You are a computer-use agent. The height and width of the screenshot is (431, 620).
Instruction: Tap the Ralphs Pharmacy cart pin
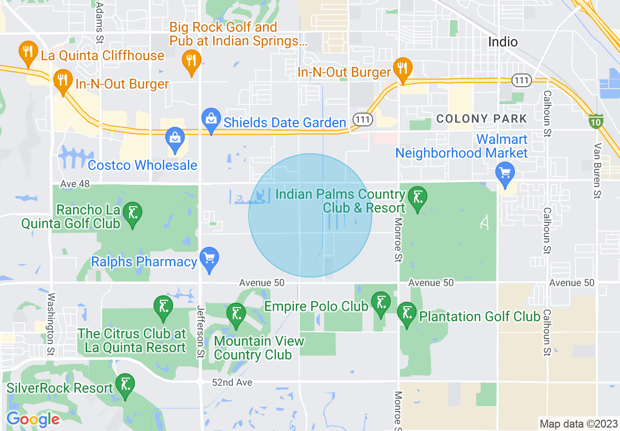(209, 258)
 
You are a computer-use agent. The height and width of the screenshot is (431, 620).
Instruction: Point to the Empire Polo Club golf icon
(381, 303)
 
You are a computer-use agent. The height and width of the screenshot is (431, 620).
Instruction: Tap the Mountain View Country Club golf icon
(237, 314)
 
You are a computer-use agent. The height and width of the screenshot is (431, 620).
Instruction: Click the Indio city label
(503, 42)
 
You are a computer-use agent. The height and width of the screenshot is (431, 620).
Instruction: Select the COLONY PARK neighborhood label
(482, 119)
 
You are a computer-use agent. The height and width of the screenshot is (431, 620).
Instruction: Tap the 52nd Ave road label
(233, 382)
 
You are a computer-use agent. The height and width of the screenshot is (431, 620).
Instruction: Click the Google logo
(33, 419)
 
